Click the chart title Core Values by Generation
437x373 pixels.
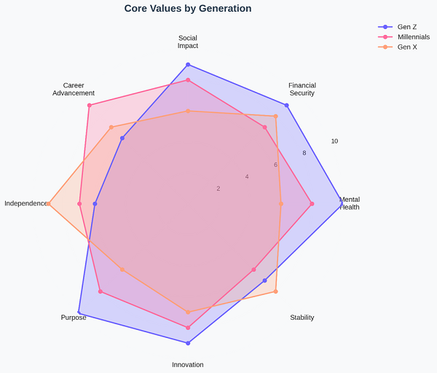pyautogui.click(x=188, y=9)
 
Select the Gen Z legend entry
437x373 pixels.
pyautogui.click(x=406, y=27)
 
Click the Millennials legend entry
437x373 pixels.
pyautogui.click(x=413, y=37)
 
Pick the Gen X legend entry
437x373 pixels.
pyautogui.click(x=407, y=47)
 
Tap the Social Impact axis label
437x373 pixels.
pyautogui.click(x=188, y=42)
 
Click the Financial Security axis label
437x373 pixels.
pyautogui.click(x=302, y=89)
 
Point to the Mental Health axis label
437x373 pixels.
pyautogui.click(x=350, y=203)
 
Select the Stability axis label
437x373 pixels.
pyautogui.click(x=302, y=318)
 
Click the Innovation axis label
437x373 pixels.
pyautogui.click(x=188, y=365)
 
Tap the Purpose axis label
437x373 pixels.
pyautogui.click(x=74, y=318)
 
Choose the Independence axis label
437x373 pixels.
pyautogui.click(x=26, y=203)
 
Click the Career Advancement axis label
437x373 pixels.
pyautogui.click(x=74, y=89)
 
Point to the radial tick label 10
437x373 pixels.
pyautogui.click(x=334, y=141)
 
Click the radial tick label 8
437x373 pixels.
pyautogui.click(x=304, y=153)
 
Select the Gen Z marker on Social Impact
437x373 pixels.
pyautogui.click(x=188, y=65)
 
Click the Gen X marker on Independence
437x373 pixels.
pyautogui.click(x=49, y=204)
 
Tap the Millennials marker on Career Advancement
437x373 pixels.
pyautogui.click(x=90, y=106)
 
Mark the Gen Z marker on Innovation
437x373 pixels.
pyautogui.click(x=188, y=343)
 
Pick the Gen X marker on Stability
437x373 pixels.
pyautogui.click(x=275, y=291)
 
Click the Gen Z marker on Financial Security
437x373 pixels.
pyautogui.click(x=286, y=106)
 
